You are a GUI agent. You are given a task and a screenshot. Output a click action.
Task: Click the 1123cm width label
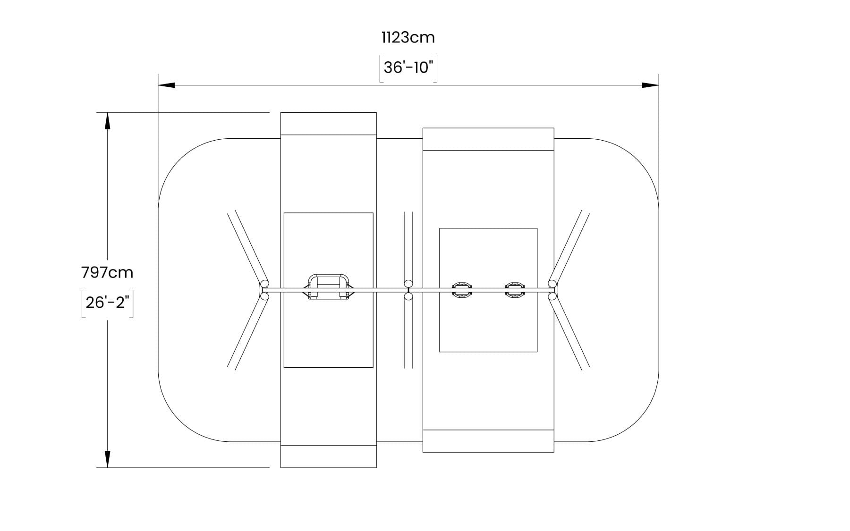[408, 37]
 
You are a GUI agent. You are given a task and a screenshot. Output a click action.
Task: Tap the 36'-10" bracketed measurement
[408, 68]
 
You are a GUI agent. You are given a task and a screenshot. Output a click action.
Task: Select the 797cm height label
[107, 273]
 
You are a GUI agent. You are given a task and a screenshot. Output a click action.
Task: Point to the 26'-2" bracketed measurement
[107, 303]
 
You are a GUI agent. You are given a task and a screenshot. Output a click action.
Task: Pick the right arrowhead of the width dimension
[650, 85]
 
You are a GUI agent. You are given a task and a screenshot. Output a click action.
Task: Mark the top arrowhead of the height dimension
[108, 121]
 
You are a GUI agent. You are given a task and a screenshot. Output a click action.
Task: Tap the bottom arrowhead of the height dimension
[108, 459]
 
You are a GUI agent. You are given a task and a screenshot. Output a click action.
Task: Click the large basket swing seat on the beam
[328, 287]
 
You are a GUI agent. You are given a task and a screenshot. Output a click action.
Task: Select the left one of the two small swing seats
[461, 289]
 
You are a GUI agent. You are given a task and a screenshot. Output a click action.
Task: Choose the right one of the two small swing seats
[514, 289]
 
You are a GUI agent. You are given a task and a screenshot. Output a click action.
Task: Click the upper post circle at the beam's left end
[265, 284]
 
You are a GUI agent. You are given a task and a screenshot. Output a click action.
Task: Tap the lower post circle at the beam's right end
[552, 296]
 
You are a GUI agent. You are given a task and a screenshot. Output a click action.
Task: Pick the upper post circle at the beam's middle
[408, 283]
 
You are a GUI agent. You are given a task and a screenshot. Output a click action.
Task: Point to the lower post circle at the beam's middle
[408, 296]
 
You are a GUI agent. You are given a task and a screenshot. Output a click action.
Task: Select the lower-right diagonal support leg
[569, 332]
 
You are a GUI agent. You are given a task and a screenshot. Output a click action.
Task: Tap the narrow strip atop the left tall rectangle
[328, 124]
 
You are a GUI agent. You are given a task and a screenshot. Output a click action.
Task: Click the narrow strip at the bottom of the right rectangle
[488, 441]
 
